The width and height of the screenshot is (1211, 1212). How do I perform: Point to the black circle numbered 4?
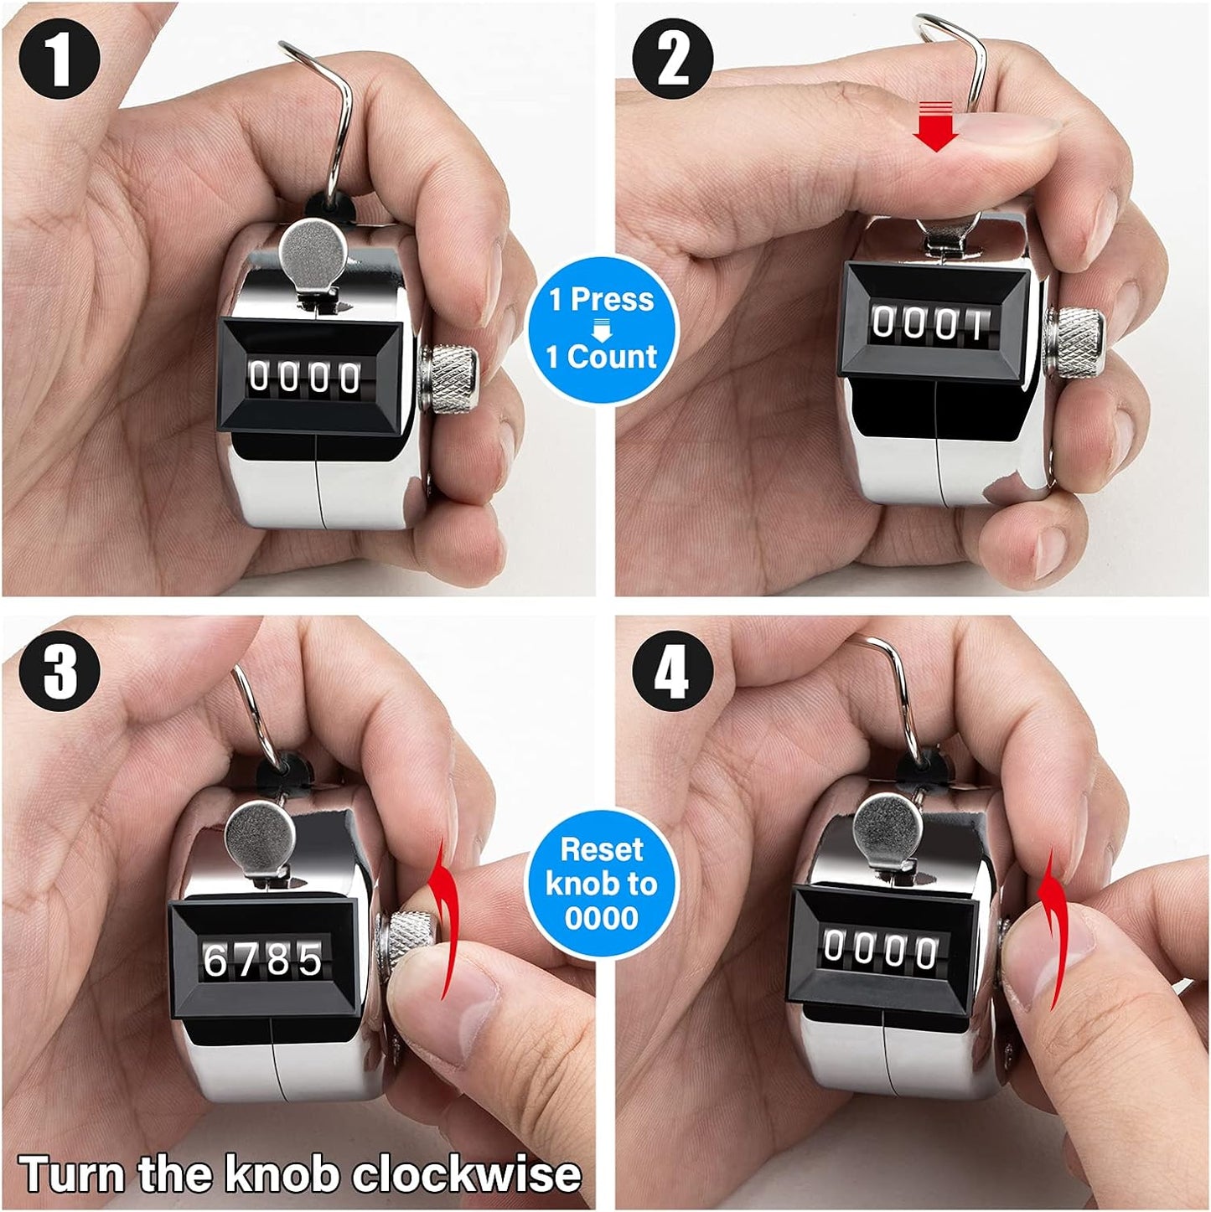(672, 670)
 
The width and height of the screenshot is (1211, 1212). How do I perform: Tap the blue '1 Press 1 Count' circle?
(602, 327)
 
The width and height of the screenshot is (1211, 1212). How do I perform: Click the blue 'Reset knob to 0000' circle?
(602, 884)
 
